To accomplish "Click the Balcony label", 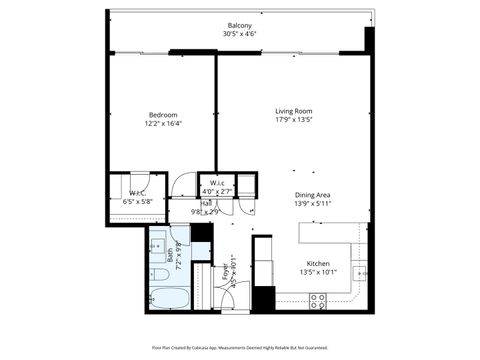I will click(x=239, y=25).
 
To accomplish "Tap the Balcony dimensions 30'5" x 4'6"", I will click(x=239, y=34).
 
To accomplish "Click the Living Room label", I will click(x=294, y=110).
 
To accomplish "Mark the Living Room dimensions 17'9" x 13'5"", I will click(x=294, y=120).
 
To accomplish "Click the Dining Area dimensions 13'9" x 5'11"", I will click(x=313, y=203).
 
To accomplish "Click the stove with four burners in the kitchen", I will click(x=321, y=298).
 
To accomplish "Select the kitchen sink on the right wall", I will click(x=361, y=268).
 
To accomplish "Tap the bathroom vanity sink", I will click(x=158, y=243).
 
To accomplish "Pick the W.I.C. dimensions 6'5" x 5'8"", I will click(x=137, y=201).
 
